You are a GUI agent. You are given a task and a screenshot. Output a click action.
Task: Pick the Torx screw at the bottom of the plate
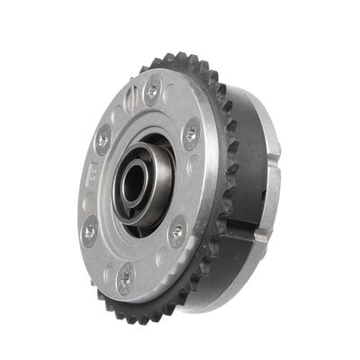point(125,278)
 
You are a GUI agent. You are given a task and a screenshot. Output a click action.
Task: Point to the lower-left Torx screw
point(89,232)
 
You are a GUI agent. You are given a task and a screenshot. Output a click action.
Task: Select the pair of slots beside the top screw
point(130,94)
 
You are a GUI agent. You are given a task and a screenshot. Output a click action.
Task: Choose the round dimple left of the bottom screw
point(106,271)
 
